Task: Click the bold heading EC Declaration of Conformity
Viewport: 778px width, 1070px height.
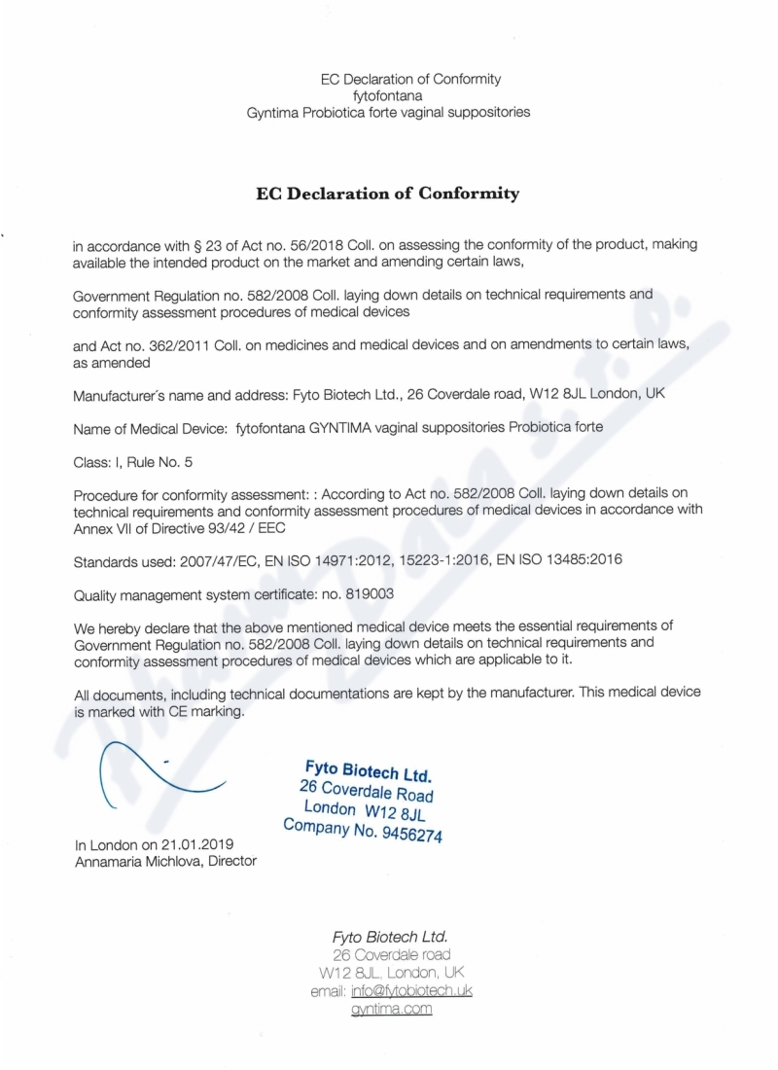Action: pyautogui.click(x=387, y=193)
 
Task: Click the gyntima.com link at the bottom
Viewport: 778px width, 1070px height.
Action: pyautogui.click(x=391, y=1009)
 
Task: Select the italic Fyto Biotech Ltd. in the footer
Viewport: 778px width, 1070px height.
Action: pyautogui.click(x=390, y=937)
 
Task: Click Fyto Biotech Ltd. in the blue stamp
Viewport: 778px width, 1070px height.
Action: pyautogui.click(x=368, y=771)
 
